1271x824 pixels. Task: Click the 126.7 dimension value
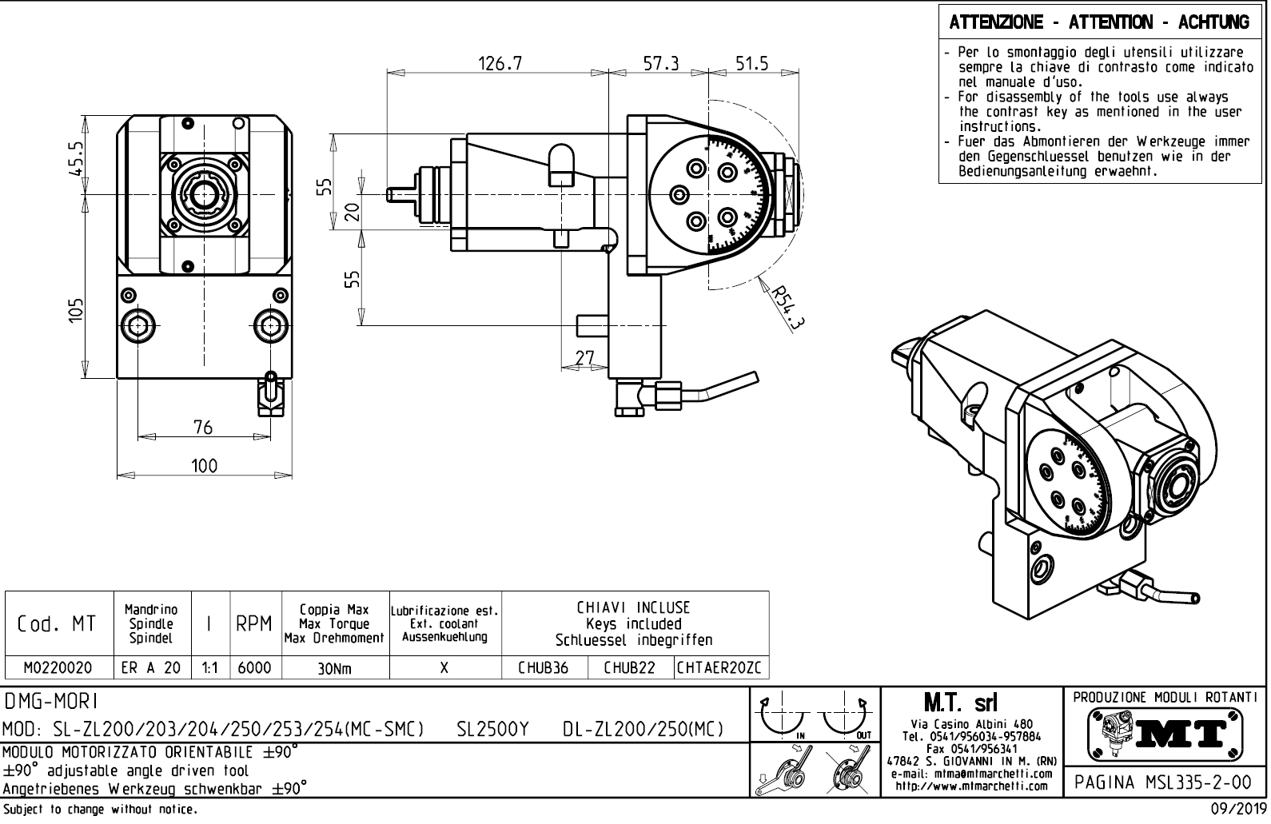click(x=500, y=64)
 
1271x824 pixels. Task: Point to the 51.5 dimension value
click(x=751, y=64)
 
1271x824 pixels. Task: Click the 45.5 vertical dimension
click(x=75, y=157)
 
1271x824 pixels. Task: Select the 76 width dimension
click(x=203, y=428)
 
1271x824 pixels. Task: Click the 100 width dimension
click(x=204, y=466)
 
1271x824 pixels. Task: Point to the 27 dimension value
click(x=586, y=357)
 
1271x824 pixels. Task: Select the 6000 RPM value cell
click(x=255, y=668)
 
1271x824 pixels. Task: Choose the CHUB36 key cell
click(x=544, y=668)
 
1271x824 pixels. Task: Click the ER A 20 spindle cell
click(x=151, y=668)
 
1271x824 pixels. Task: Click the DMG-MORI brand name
click(x=50, y=702)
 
